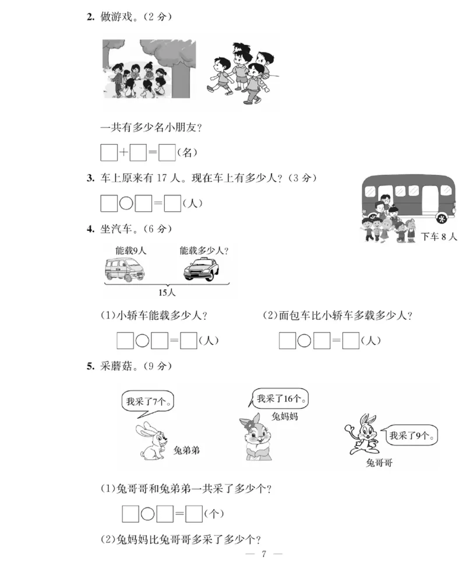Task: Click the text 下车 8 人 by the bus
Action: (440, 237)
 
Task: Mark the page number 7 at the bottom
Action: (264, 554)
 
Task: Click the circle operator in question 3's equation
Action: (126, 204)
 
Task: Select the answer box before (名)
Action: (167, 153)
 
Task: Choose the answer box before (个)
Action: (194, 514)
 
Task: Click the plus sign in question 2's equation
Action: (123, 153)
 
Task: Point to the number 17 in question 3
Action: (162, 178)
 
